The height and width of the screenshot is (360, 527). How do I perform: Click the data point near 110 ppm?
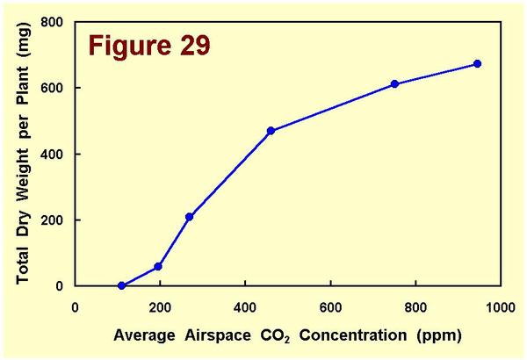click(122, 285)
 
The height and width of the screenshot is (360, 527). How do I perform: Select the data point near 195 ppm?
click(158, 266)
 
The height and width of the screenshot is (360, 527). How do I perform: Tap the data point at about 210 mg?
click(189, 217)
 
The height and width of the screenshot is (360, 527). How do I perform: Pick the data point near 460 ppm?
click(271, 131)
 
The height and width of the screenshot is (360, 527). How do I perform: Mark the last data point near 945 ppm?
click(477, 64)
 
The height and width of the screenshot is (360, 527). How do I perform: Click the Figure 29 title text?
click(148, 46)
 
